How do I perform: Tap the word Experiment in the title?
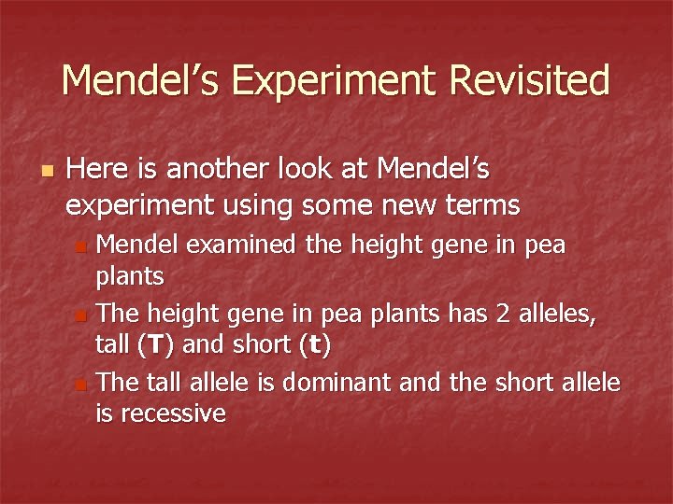(x=338, y=81)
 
